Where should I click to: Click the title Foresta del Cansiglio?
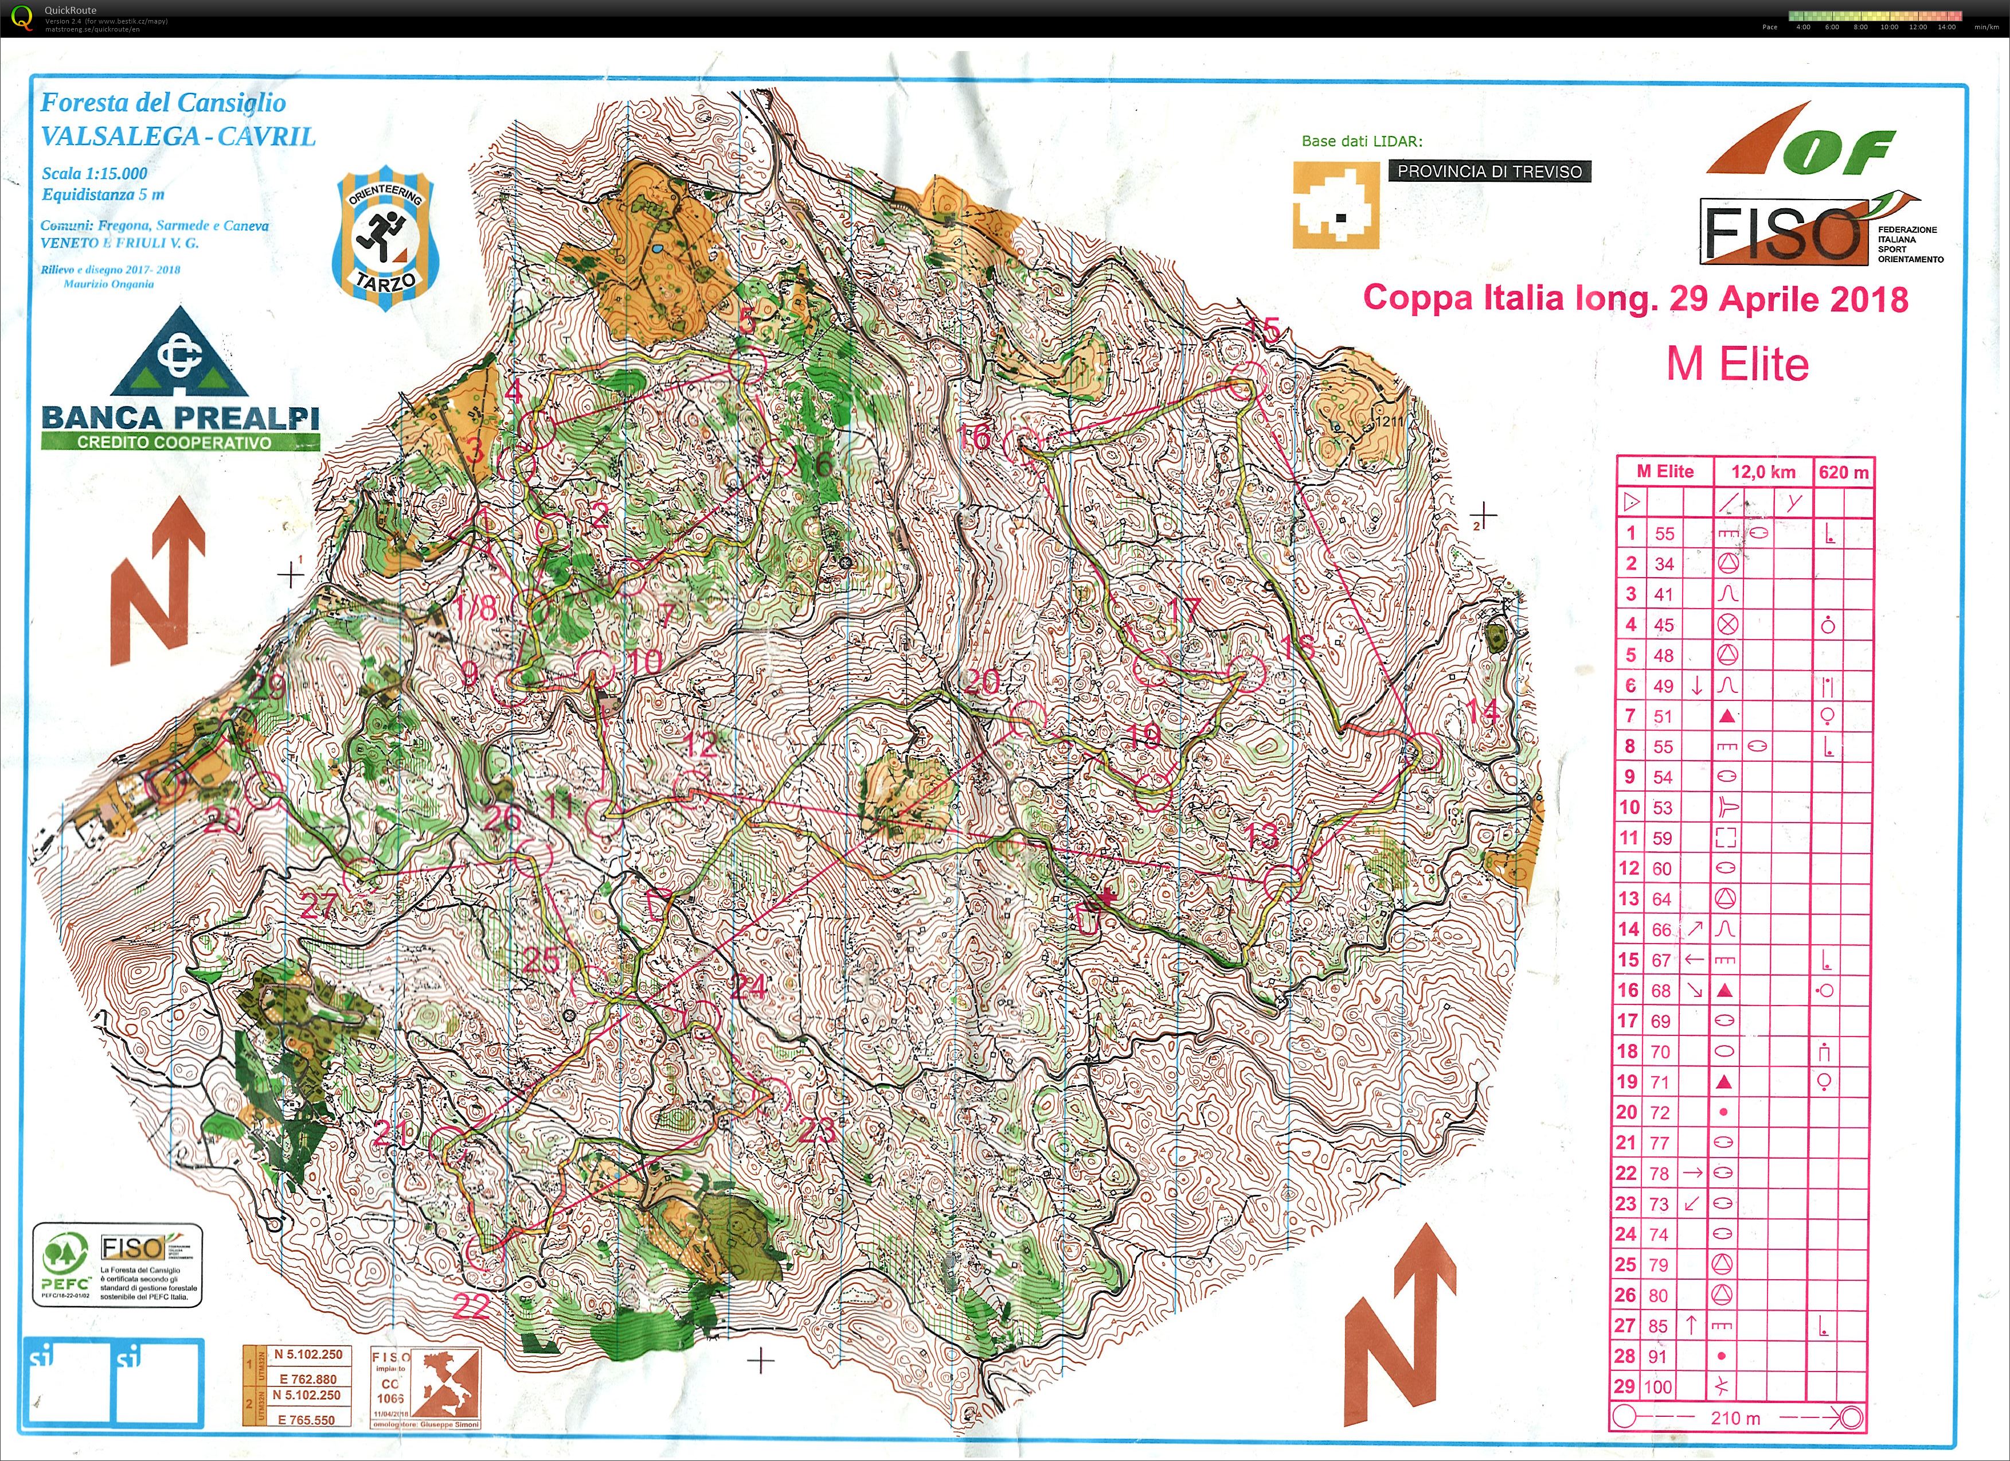[164, 103]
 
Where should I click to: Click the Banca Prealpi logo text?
[180, 418]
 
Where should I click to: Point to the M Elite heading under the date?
[1737, 364]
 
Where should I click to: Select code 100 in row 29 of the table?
[1657, 1386]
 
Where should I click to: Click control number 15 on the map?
[1265, 330]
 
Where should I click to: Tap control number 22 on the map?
[471, 1306]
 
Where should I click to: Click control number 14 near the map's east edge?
[1482, 711]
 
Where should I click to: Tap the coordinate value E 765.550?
[307, 1419]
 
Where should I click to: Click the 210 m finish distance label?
[1735, 1417]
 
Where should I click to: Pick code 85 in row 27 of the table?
[1657, 1326]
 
